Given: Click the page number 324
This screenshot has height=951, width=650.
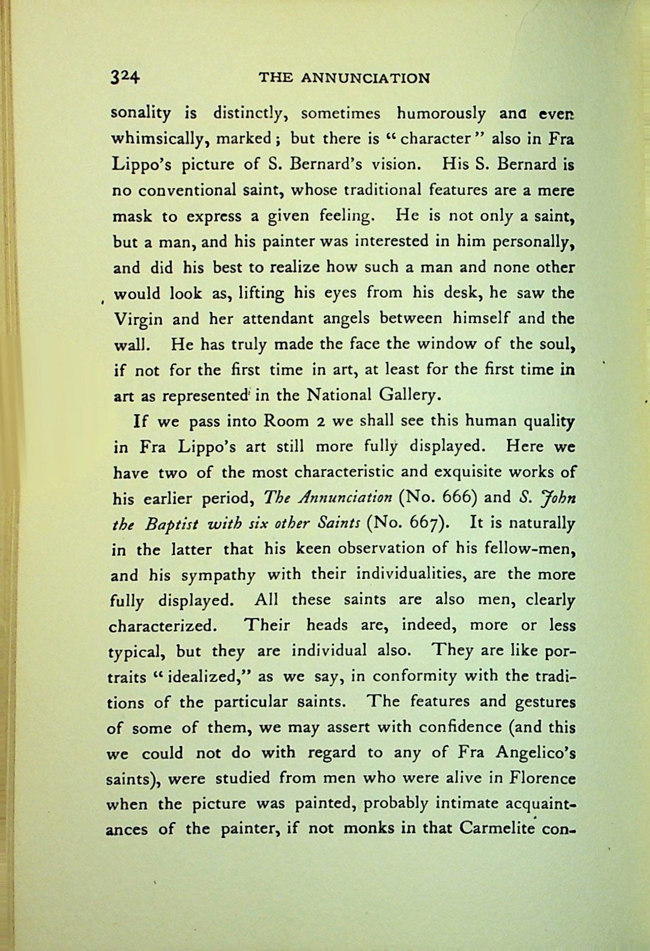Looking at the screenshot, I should point(126,77).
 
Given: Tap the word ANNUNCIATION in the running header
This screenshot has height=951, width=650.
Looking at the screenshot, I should point(366,78).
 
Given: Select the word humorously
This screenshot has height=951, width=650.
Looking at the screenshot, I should point(440,114).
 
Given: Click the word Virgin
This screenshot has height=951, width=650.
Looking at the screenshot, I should point(138,320).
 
